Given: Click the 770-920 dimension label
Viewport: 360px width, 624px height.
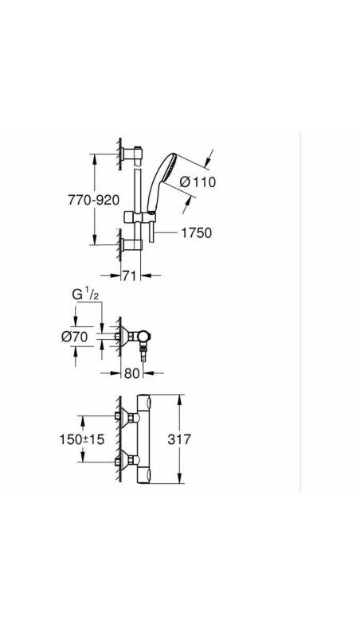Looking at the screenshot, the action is (x=94, y=200).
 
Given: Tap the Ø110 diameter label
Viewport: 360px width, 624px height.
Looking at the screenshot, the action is (x=198, y=182).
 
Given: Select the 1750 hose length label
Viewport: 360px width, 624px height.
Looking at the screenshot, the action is (x=197, y=232).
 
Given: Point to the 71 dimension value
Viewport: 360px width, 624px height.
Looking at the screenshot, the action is (x=130, y=275).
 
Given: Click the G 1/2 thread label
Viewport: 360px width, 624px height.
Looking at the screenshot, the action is (x=84, y=294).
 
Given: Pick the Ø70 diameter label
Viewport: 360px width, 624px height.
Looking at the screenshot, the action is (x=75, y=337).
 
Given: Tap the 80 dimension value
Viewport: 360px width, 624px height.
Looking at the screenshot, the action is (x=132, y=373).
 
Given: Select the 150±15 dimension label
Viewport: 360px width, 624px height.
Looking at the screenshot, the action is (x=81, y=439).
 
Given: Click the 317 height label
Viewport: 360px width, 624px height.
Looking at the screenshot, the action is (x=179, y=439).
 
